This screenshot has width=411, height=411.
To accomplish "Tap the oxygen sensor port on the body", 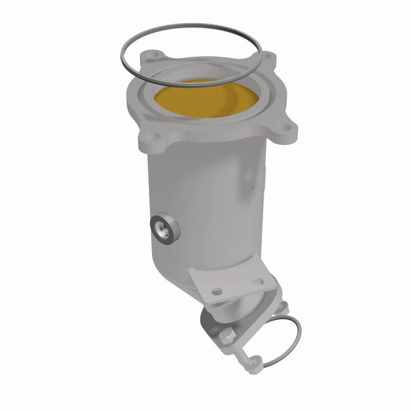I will pyautogui.click(x=166, y=228).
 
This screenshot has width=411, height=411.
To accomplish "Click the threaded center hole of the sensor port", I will pyautogui.click(x=164, y=229).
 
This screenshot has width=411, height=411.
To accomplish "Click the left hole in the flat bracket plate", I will pyautogui.click(x=216, y=291).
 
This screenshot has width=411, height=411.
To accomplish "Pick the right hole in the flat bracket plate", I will pyautogui.click(x=259, y=281).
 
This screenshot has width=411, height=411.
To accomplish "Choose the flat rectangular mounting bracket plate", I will pyautogui.click(x=234, y=280).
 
